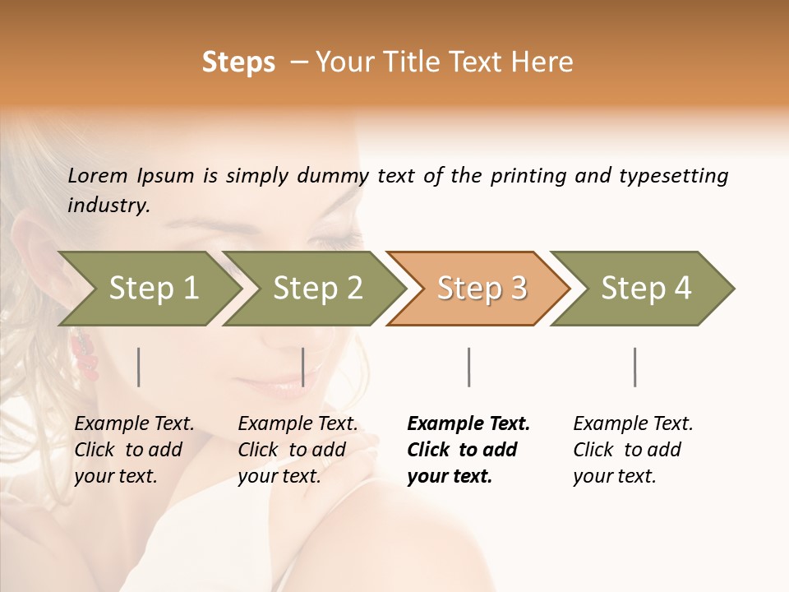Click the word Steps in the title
pyautogui.click(x=238, y=62)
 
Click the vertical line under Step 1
pyautogui.click(x=138, y=367)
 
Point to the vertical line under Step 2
pyautogui.click(x=303, y=367)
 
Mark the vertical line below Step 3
pyautogui.click(x=468, y=367)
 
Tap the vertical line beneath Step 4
pyautogui.click(x=634, y=367)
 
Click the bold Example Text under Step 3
pyautogui.click(x=468, y=424)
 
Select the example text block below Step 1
pyautogui.click(x=133, y=450)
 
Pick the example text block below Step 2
pyautogui.click(x=297, y=450)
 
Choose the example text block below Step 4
pyautogui.click(x=632, y=450)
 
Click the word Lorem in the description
pyautogui.click(x=98, y=175)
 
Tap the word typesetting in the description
pyautogui.click(x=673, y=176)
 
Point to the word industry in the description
pyautogui.click(x=108, y=206)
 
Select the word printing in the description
pyautogui.click(x=529, y=176)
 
